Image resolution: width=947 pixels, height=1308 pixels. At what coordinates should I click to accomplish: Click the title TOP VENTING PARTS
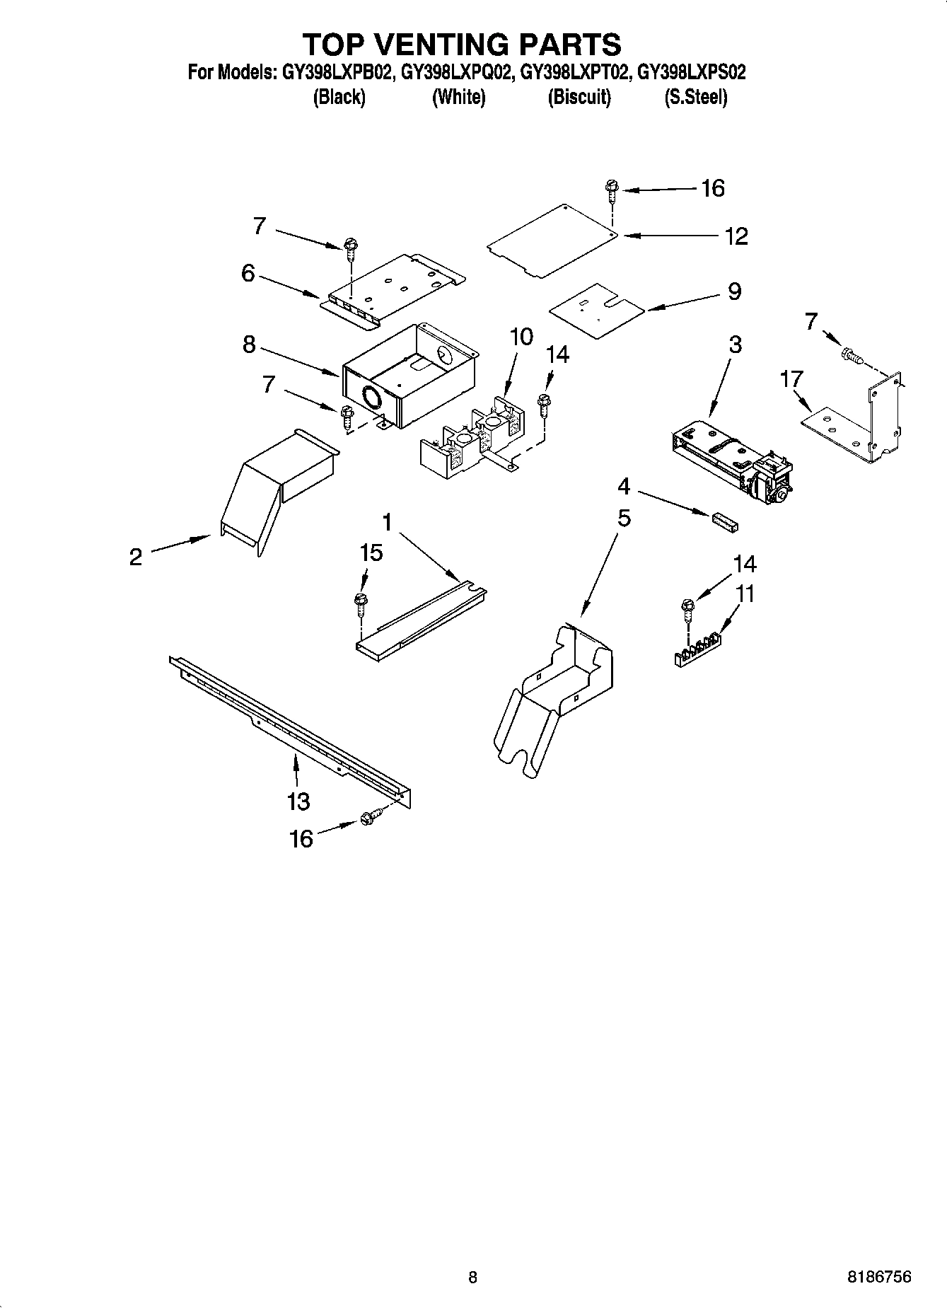(x=462, y=44)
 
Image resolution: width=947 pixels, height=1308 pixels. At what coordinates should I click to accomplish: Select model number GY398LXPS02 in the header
(x=692, y=72)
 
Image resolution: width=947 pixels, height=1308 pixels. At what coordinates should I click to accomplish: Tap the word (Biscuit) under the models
(x=579, y=97)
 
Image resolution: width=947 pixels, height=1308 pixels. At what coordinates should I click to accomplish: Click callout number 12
(x=736, y=236)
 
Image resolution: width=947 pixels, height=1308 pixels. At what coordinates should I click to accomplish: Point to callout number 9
(x=734, y=291)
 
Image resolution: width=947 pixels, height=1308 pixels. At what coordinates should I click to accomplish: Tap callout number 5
(x=623, y=518)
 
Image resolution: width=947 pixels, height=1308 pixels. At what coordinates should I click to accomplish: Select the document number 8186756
(x=878, y=1277)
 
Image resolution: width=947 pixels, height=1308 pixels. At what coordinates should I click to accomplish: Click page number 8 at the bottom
(x=472, y=1277)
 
